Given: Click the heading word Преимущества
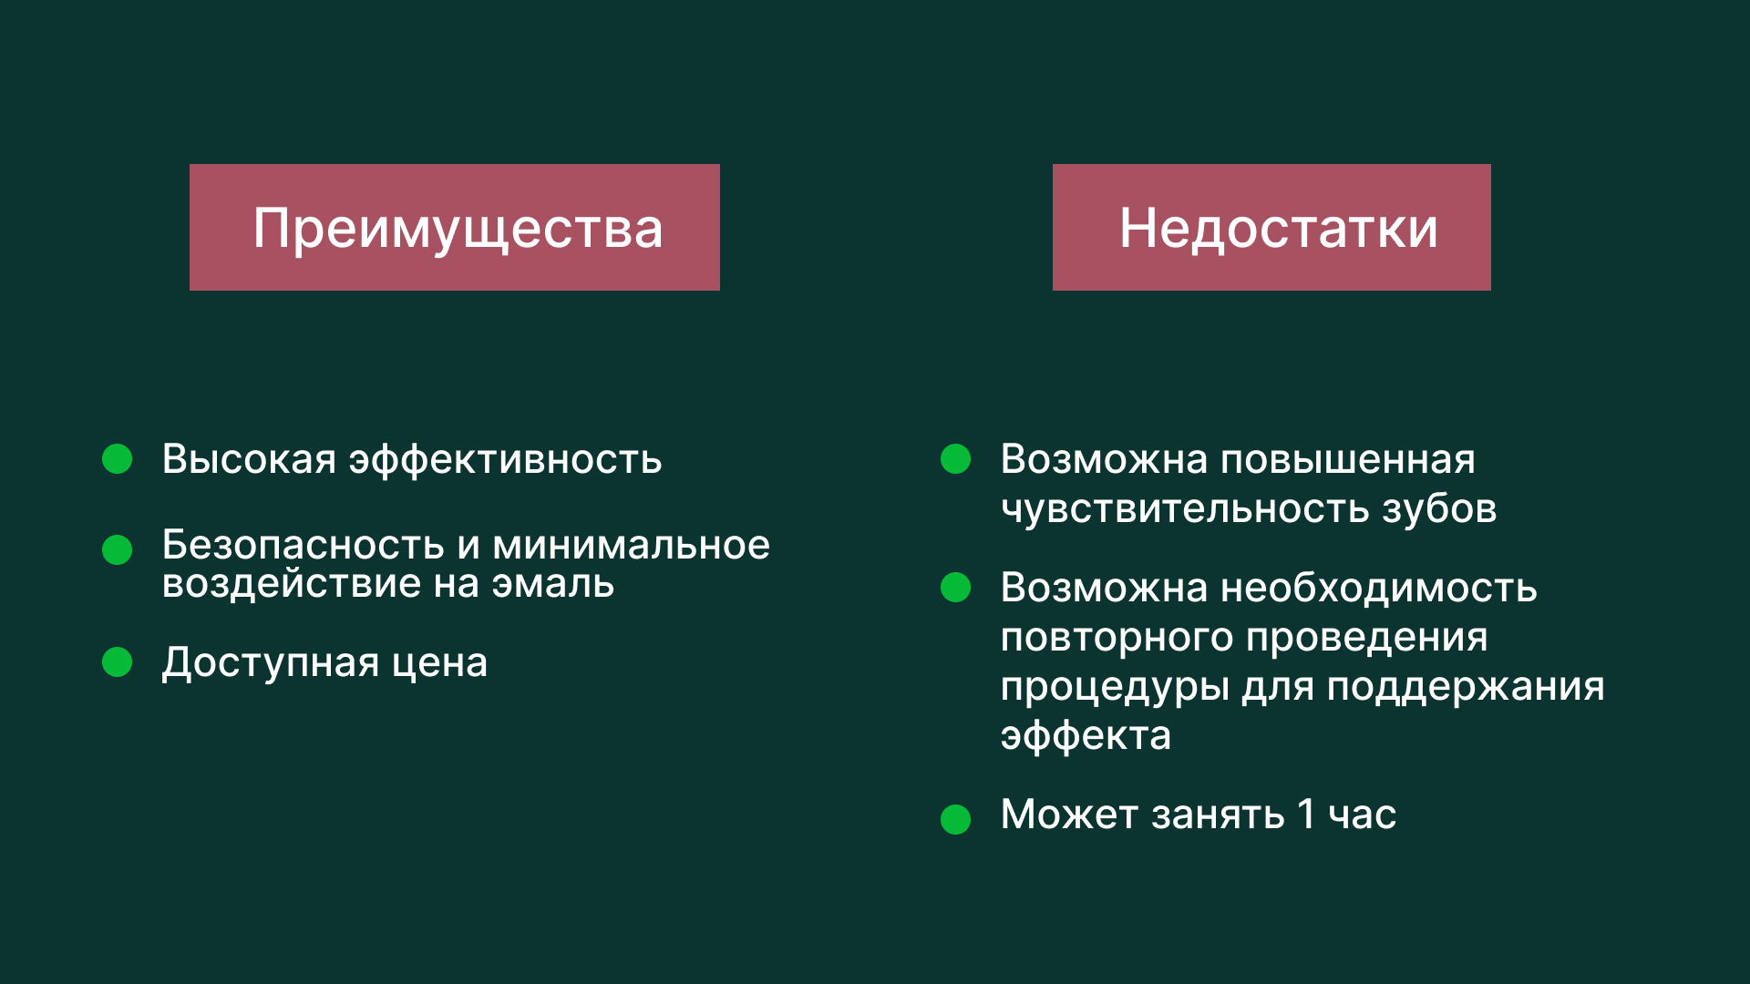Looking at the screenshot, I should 458,229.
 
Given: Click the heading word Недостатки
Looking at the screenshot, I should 1278,229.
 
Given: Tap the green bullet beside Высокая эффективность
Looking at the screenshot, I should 117,459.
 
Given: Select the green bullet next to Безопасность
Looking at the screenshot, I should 117,549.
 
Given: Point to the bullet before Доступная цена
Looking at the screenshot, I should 117,662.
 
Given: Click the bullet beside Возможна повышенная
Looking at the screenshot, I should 955,459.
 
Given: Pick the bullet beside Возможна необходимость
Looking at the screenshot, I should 955,588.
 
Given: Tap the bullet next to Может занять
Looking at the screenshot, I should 955,819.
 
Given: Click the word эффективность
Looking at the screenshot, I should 505,460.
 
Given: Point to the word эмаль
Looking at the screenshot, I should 552,584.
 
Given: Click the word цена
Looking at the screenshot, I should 439,663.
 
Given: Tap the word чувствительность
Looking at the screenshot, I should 1184,509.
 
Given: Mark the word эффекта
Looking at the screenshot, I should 1085,736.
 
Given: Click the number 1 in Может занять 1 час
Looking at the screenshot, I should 1305,815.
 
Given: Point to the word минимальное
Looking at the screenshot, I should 631,546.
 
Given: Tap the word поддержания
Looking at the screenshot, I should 1465,687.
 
